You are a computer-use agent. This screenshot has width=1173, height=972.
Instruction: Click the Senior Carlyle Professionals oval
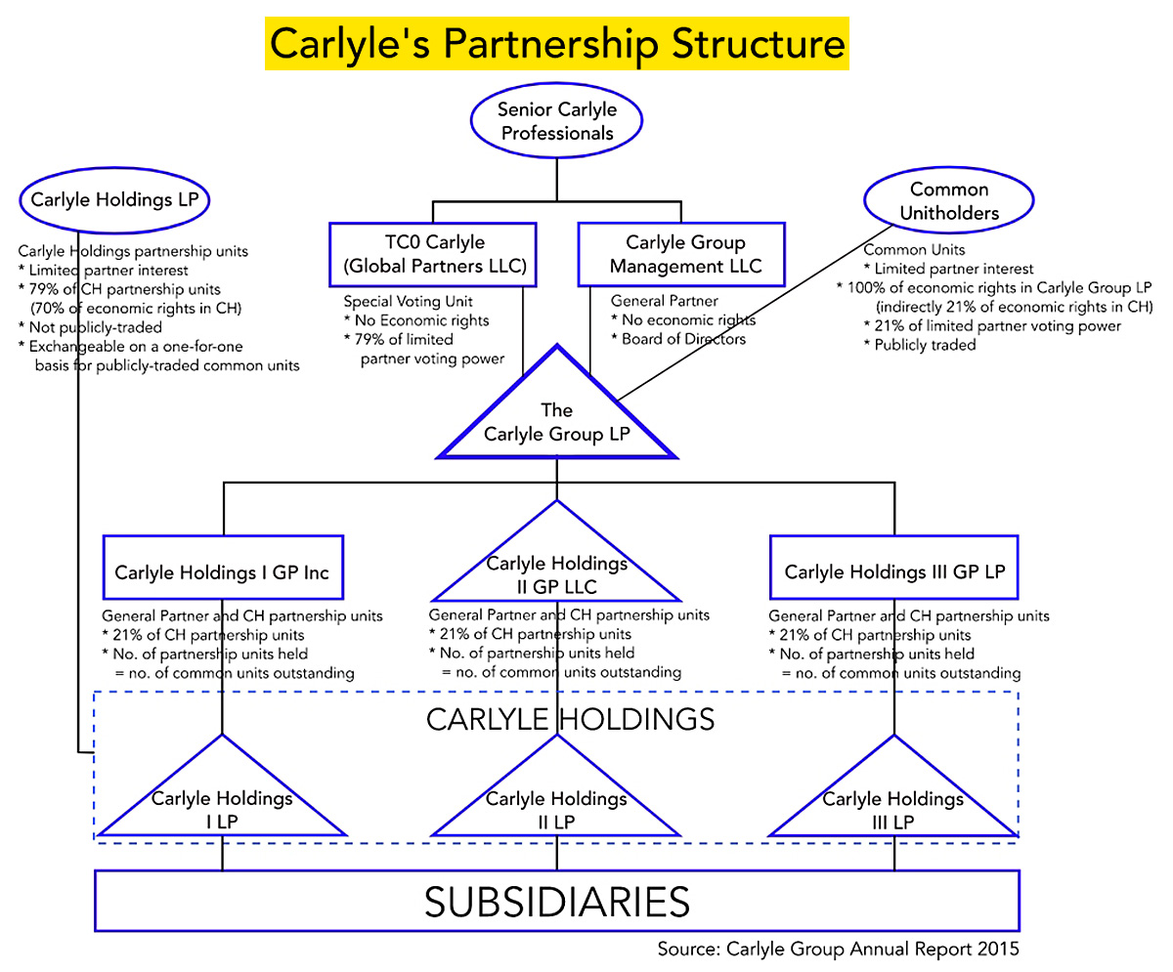(x=556, y=120)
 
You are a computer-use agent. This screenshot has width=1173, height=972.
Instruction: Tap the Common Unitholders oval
(x=948, y=200)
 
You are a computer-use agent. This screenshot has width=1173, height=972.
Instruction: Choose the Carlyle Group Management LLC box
(x=681, y=254)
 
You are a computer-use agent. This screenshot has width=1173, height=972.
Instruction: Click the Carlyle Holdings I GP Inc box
(x=223, y=571)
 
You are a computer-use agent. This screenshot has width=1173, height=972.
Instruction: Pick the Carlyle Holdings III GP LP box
(x=893, y=571)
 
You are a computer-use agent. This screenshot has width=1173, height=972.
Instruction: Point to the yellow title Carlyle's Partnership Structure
(x=556, y=44)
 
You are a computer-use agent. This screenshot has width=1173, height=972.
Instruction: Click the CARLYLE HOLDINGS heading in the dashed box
(x=570, y=719)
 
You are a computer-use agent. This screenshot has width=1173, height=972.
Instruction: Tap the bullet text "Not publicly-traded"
(x=95, y=327)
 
